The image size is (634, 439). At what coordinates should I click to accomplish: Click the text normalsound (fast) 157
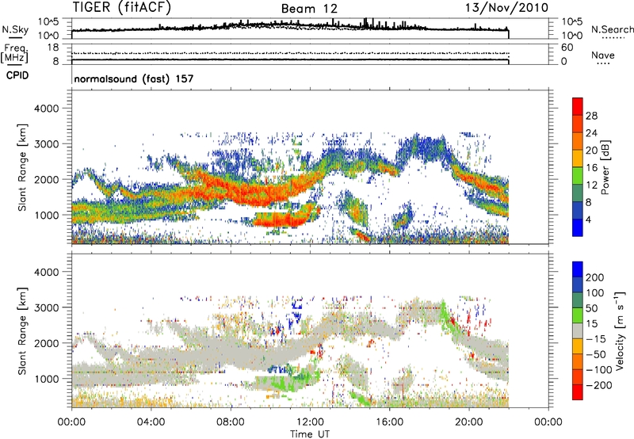click(128, 80)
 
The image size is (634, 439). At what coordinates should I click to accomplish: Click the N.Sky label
click(16, 30)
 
